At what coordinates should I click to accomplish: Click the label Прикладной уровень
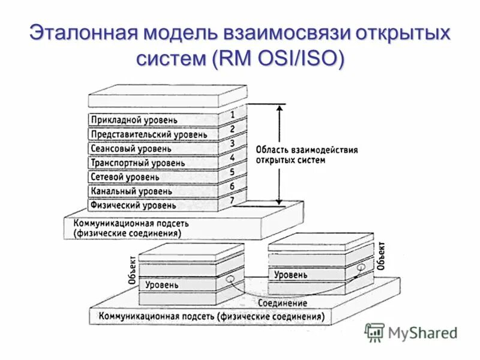click(x=134, y=120)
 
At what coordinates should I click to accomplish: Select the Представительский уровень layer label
click(x=148, y=134)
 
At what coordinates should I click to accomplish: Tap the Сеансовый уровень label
click(x=131, y=148)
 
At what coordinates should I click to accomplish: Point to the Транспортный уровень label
click(x=137, y=163)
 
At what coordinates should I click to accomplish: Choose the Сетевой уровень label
click(x=125, y=177)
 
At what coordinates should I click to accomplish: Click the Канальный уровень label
click(x=131, y=191)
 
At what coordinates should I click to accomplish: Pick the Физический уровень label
click(x=133, y=205)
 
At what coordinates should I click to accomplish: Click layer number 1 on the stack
click(x=232, y=113)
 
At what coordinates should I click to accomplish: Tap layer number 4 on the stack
click(x=232, y=158)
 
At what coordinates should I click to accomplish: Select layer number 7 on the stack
click(x=232, y=200)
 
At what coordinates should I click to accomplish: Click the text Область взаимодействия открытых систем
click(x=306, y=155)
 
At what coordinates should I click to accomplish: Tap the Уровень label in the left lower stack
click(x=161, y=285)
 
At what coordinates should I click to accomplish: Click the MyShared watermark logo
click(x=412, y=332)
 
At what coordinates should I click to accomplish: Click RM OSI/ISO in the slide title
click(x=274, y=59)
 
